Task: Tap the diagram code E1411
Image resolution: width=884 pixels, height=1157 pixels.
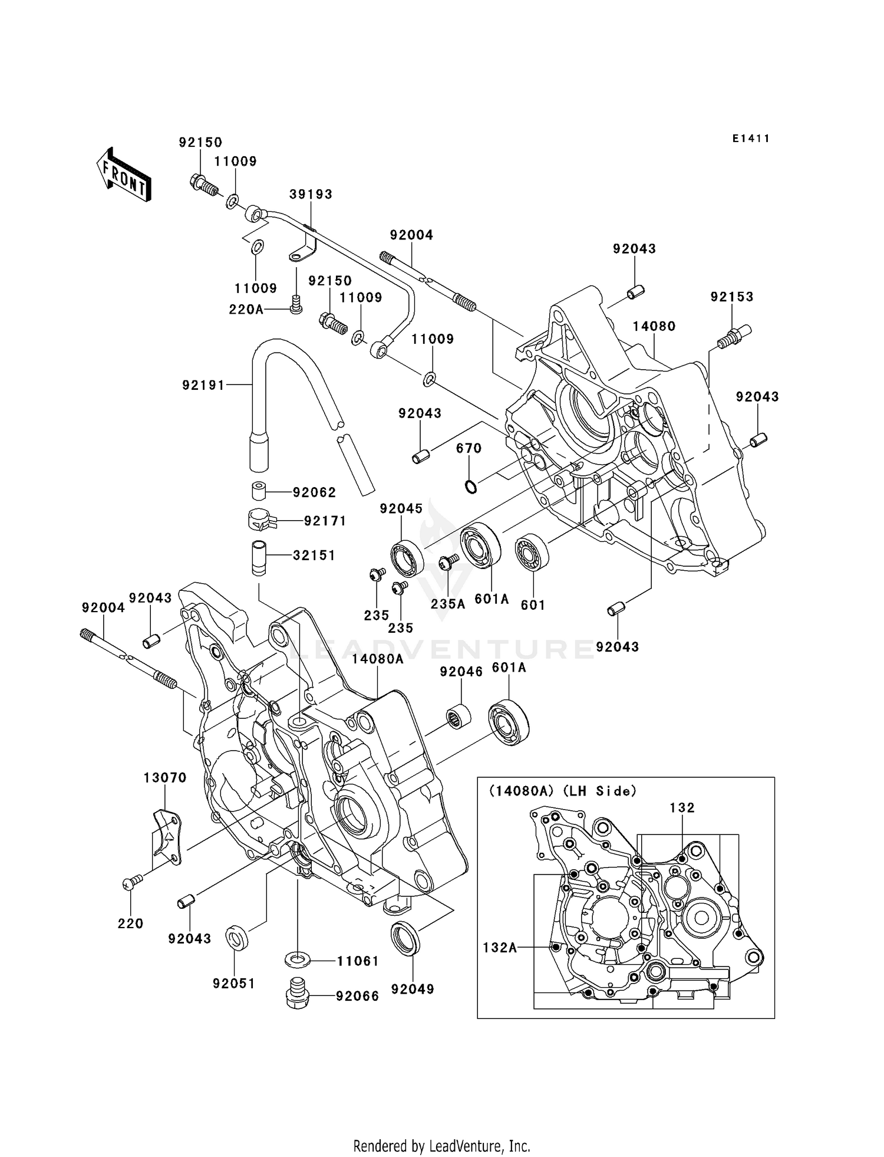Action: coord(751,139)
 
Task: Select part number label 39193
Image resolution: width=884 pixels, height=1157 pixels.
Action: coord(311,194)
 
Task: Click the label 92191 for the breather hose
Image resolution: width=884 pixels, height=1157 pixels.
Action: coord(203,385)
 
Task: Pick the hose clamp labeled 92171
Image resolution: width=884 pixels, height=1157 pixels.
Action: coord(259,520)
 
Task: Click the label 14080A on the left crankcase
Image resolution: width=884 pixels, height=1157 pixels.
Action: coord(378,659)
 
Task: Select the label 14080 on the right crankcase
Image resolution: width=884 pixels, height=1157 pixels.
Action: coord(654,326)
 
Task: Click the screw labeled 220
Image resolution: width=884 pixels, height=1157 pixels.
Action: coord(133,882)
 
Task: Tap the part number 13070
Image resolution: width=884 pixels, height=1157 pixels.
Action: coord(165,778)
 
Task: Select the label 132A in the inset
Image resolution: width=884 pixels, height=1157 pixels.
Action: coord(500,947)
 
